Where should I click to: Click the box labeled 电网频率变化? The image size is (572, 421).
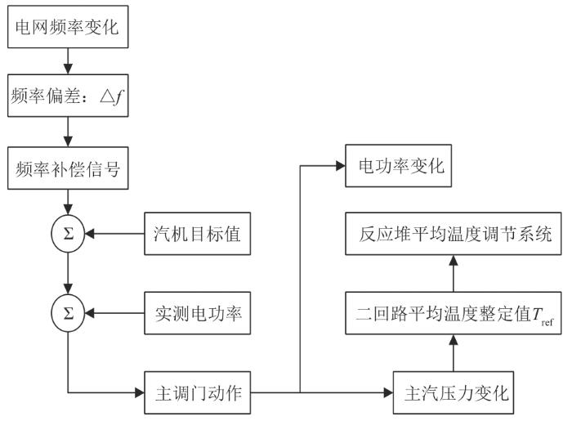(x=68, y=27)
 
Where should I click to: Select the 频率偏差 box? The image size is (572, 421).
(x=68, y=96)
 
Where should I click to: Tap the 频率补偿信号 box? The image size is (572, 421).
(x=68, y=168)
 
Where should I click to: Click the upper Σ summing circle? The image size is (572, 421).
(x=68, y=234)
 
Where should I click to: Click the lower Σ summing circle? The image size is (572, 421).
(x=68, y=313)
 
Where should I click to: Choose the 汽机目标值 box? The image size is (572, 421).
(x=198, y=234)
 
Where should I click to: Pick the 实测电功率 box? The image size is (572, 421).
(x=198, y=313)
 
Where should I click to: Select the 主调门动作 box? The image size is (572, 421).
(x=198, y=393)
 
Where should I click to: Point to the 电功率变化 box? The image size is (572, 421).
(x=399, y=166)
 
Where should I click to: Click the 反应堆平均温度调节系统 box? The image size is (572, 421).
(x=454, y=234)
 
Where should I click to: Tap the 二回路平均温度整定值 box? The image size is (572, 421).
(x=454, y=313)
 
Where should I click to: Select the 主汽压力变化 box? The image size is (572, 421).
(x=454, y=393)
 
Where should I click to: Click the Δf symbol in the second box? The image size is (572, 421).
(x=111, y=96)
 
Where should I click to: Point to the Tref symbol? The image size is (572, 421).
(x=543, y=316)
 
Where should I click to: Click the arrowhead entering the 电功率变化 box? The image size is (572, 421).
(x=341, y=166)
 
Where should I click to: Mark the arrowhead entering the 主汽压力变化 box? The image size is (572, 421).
(x=388, y=393)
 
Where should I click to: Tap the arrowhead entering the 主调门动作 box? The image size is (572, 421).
(x=140, y=393)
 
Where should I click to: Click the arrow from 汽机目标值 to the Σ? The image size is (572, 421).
(x=114, y=234)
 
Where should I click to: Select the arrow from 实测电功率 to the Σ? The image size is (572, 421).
(x=114, y=313)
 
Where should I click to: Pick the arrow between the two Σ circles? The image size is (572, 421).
(x=68, y=273)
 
